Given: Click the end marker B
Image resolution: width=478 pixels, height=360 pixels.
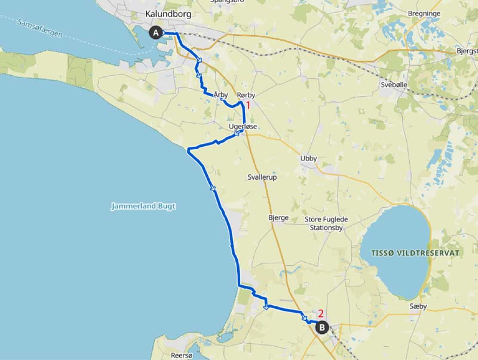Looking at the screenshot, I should (x=321, y=327).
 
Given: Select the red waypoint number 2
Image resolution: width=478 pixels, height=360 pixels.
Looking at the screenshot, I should (x=320, y=313).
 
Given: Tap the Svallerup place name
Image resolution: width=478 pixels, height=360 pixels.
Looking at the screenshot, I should (x=262, y=177).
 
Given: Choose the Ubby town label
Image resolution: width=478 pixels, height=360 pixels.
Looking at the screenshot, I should (x=308, y=159).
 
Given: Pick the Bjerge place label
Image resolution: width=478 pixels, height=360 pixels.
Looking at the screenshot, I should (x=278, y=218).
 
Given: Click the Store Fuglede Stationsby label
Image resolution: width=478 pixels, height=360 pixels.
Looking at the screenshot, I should (x=326, y=223).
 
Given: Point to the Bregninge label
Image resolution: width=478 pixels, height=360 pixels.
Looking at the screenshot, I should (x=424, y=13).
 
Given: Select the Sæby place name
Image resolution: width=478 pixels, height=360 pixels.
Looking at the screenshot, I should (x=433, y=306).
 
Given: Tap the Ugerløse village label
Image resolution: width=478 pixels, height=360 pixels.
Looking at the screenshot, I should (x=242, y=127).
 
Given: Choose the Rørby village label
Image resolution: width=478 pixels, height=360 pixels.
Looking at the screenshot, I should (x=246, y=95).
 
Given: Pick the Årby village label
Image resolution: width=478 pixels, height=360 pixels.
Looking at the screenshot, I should (x=220, y=94).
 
